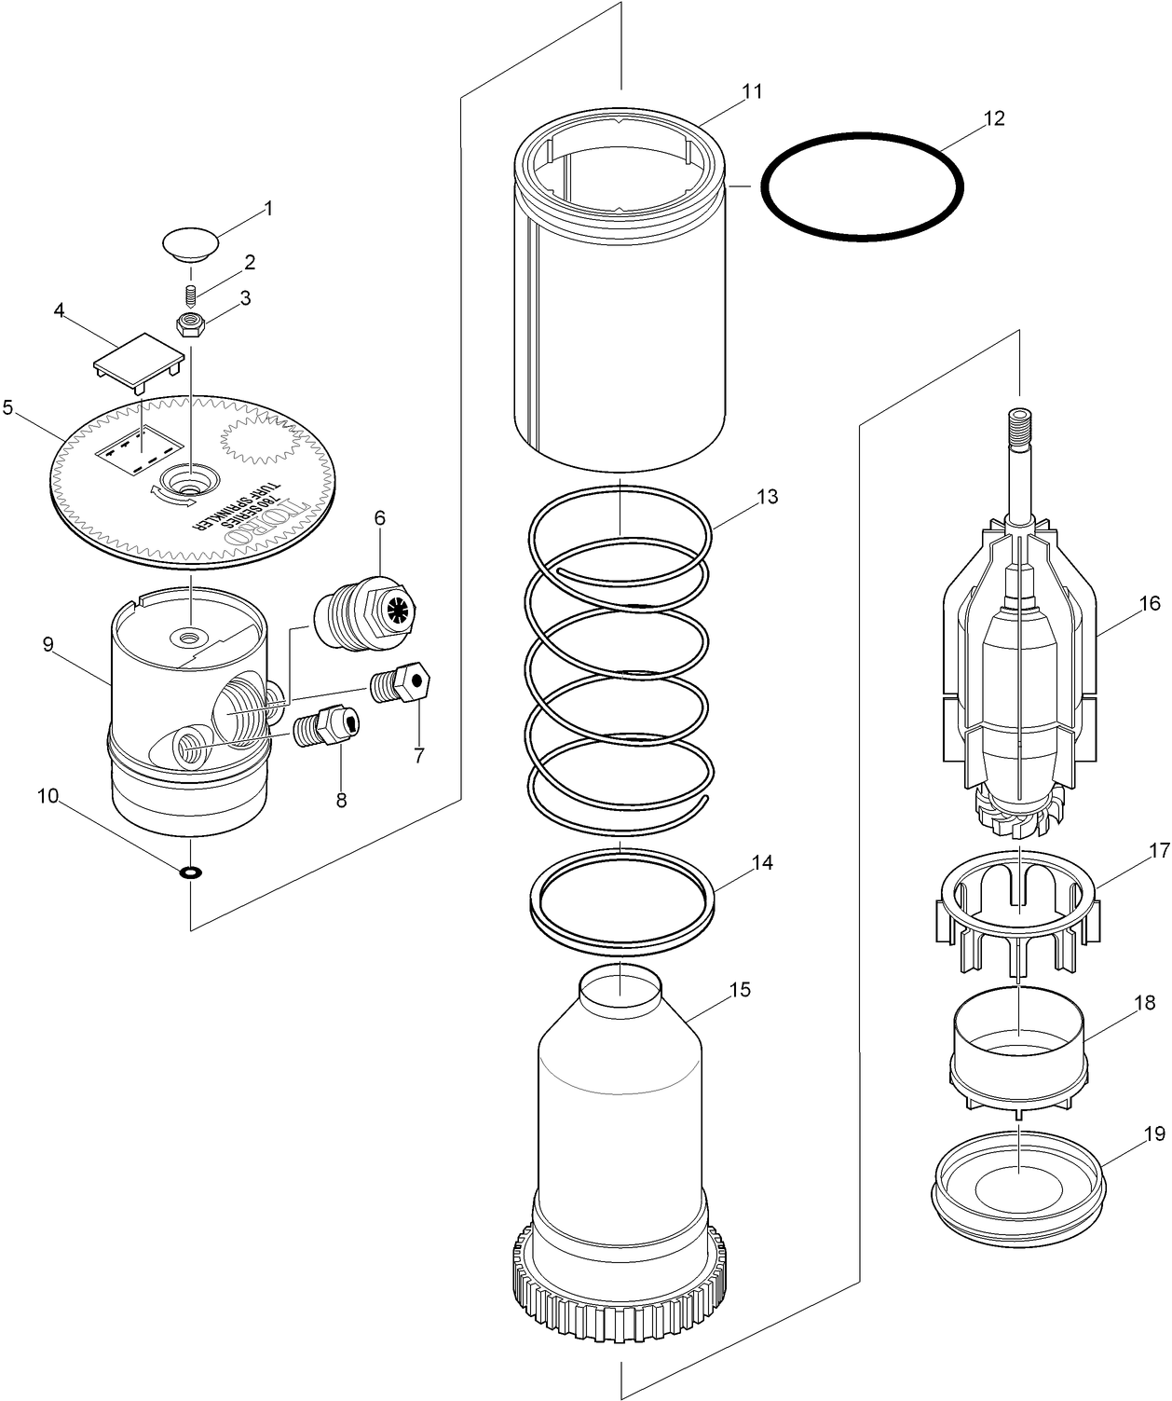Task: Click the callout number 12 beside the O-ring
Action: tap(994, 118)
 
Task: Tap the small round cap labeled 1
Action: tap(190, 243)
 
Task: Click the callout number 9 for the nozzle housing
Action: tap(48, 644)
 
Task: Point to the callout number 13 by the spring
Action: tap(767, 496)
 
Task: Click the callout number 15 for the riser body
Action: tap(740, 989)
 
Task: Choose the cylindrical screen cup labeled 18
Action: tap(1018, 1047)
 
